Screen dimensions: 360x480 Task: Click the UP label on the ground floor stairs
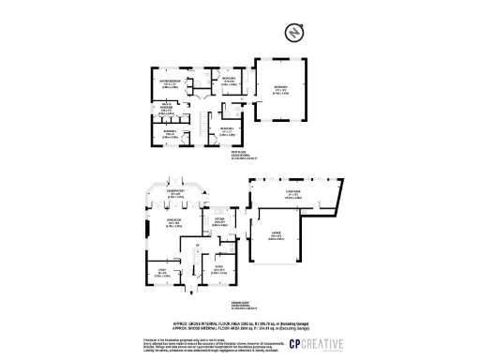[x=198, y=247]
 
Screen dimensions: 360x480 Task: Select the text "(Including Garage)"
[x=293, y=321]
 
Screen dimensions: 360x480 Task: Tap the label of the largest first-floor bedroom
[x=280, y=90]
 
